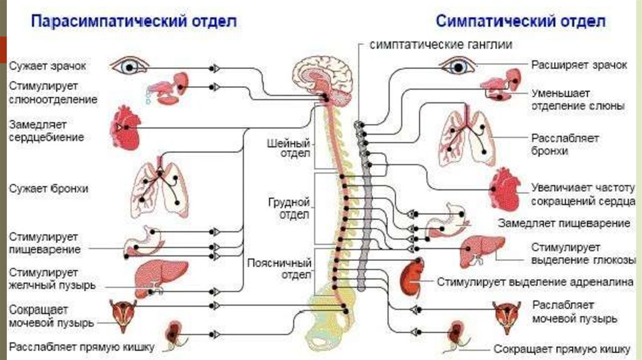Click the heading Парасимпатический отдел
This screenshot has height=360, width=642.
134,21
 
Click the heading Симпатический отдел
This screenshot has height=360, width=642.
520,21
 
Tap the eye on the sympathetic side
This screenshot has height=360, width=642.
457,65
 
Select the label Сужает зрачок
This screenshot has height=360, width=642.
47,65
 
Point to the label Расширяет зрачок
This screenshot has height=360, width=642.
579,65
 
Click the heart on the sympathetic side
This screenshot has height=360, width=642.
505,189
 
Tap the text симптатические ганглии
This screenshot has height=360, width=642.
441,45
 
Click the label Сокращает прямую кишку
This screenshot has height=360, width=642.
561,349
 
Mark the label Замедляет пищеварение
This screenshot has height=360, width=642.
564,223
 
